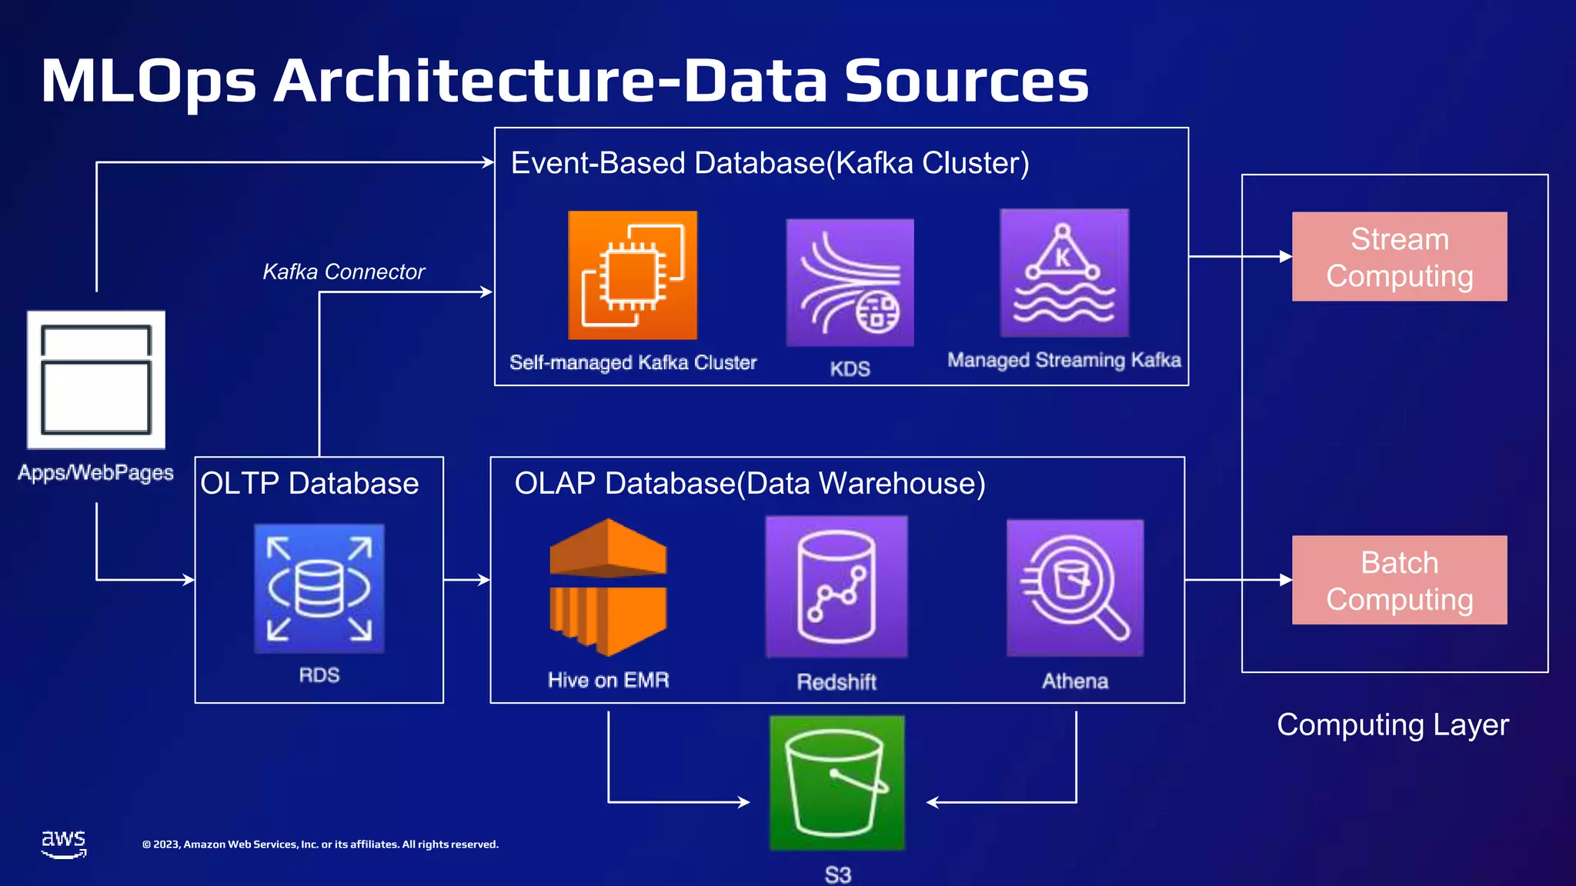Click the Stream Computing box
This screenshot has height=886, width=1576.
1399,257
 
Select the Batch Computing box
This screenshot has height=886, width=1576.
1399,580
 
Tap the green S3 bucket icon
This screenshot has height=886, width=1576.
837,783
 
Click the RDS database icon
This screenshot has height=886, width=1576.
319,588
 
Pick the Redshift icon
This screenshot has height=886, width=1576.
836,587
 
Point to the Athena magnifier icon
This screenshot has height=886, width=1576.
1075,588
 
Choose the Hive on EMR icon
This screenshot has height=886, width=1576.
608,588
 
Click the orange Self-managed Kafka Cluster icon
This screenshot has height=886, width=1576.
633,275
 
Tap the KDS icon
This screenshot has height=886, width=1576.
850,283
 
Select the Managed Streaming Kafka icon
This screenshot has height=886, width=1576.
1064,273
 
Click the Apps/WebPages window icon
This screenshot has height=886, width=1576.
96,380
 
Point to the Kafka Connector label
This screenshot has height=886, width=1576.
343,271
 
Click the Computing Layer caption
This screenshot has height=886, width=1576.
1392,725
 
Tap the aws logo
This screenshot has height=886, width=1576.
64,843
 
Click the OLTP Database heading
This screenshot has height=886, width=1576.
309,484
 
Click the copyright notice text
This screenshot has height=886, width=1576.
320,844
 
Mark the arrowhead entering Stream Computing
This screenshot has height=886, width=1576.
1286,257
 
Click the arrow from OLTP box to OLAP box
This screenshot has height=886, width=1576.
466,580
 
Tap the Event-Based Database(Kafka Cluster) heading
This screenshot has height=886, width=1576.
770,163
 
